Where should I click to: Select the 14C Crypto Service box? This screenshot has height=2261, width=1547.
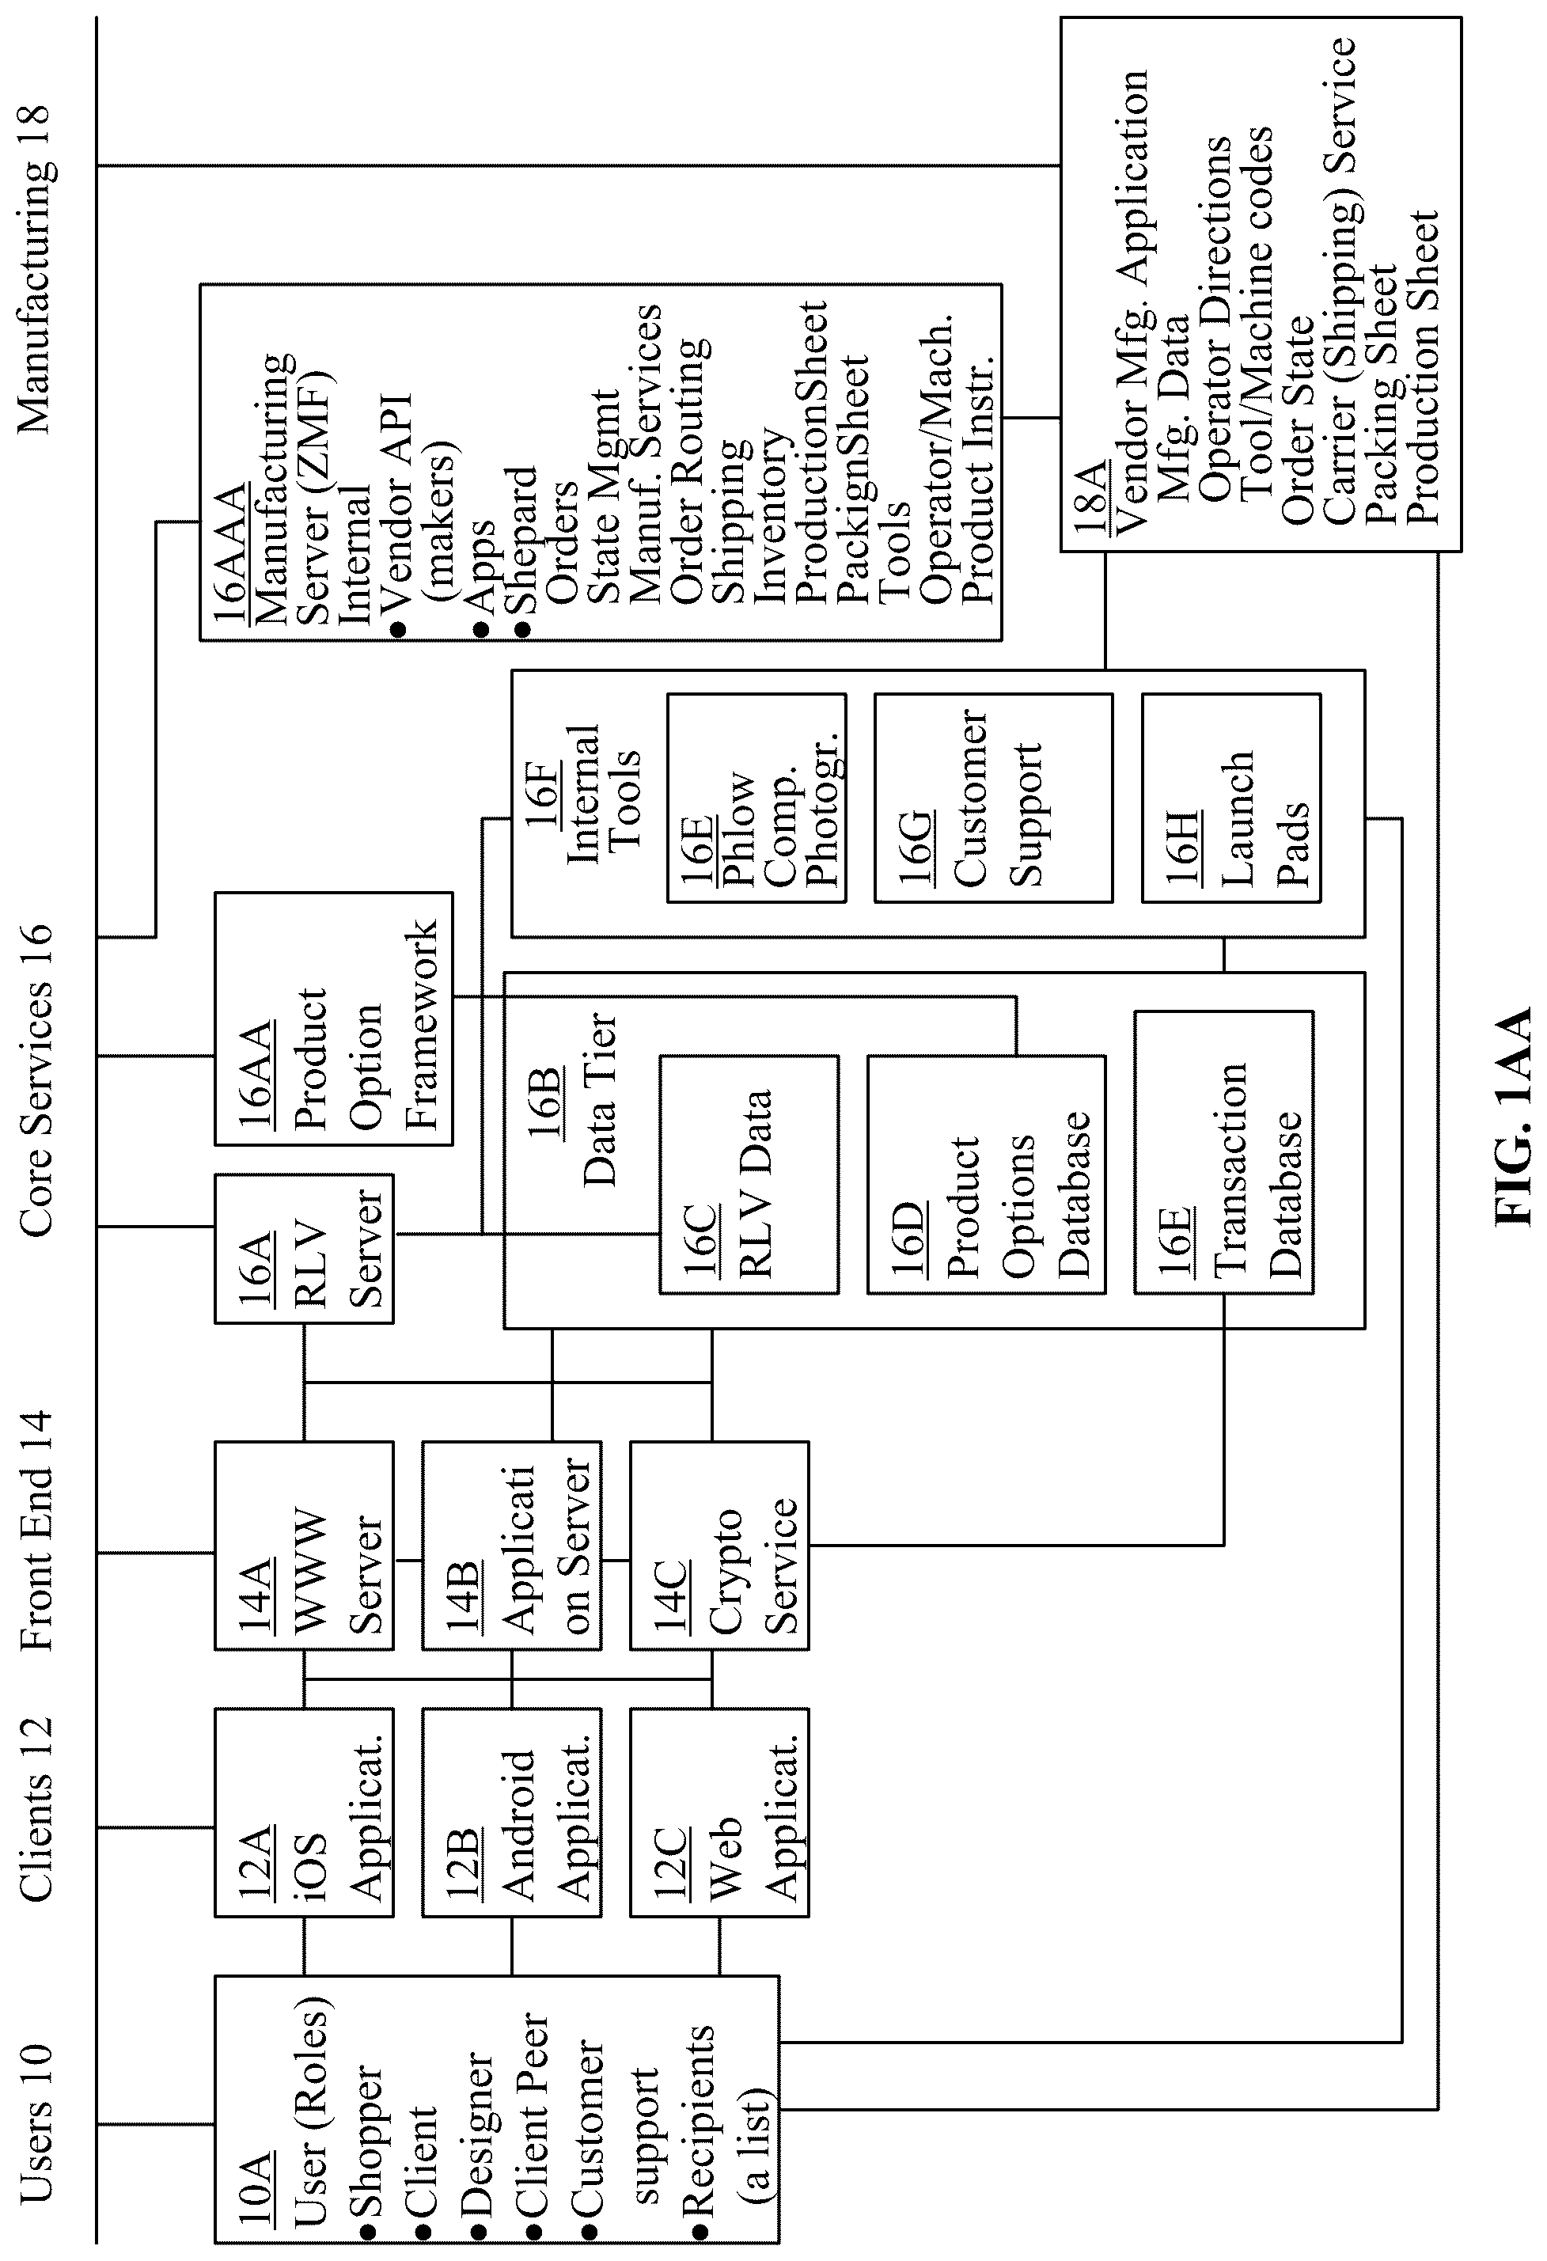(719, 1546)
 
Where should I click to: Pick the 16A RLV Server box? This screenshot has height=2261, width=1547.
(304, 1248)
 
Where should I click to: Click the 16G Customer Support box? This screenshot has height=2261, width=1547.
(993, 798)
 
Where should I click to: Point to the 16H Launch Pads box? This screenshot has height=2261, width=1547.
(1230, 798)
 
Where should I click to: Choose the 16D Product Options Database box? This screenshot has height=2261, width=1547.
(987, 1174)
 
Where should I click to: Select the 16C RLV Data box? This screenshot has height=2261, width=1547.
(749, 1174)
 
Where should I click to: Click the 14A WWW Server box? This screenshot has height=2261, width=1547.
(304, 1546)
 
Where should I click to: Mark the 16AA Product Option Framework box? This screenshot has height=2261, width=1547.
(334, 1019)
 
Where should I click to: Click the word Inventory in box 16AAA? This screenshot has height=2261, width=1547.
(772, 513)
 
